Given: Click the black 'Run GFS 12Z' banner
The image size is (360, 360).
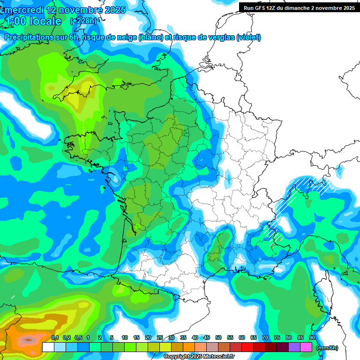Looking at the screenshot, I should [x=299, y=7].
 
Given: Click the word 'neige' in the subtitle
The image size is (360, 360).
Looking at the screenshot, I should [x=126, y=37].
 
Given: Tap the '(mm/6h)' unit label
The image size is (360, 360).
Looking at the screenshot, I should [x=328, y=348].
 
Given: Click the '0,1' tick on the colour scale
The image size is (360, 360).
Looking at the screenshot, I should [x=54, y=337].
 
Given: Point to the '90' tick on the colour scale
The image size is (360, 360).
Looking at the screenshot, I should [x=312, y=337].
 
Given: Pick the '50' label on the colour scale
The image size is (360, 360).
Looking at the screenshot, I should [x=218, y=337].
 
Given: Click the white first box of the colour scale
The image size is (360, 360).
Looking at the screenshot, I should [x=48, y=347].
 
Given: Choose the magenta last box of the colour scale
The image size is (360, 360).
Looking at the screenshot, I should [x=306, y=347].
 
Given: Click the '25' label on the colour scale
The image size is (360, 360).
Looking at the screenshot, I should [x=160, y=337].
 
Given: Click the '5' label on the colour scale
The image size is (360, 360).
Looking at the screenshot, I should [x=112, y=337].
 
